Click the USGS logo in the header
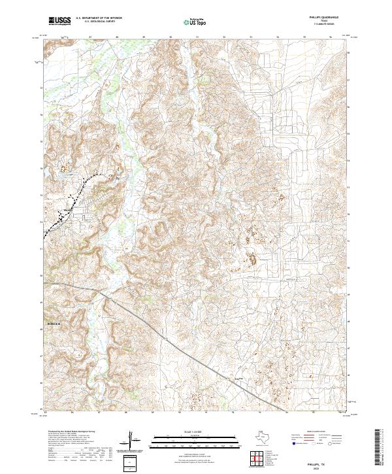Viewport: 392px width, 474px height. tap(59, 20)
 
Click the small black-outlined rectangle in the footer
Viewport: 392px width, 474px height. tap(131, 464)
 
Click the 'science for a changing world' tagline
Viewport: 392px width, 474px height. tap(59, 24)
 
